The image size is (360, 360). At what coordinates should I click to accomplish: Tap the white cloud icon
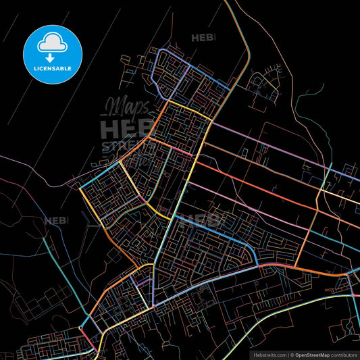point(52,42)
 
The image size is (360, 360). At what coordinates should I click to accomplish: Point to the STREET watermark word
point(122,146)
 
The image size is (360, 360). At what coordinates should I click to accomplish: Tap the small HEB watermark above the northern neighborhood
point(203,38)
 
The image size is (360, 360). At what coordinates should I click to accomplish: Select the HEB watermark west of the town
point(55,220)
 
